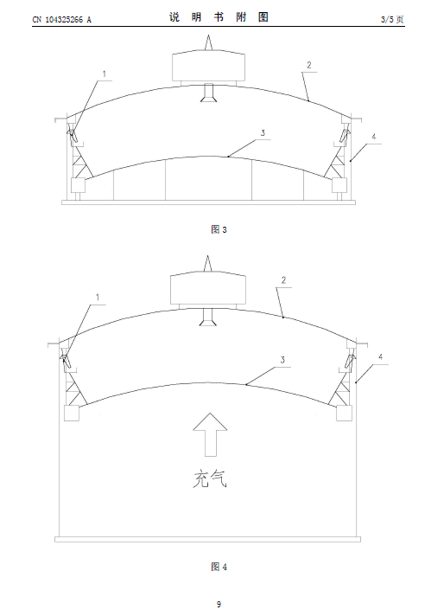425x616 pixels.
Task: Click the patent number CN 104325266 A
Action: (61, 19)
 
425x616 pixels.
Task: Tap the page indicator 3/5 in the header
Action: (387, 19)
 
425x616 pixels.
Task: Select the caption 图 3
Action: (219, 229)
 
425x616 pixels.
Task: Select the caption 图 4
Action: (219, 567)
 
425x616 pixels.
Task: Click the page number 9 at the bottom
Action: (219, 604)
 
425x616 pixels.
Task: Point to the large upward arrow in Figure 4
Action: (210, 434)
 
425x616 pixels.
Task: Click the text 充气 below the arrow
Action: (210, 478)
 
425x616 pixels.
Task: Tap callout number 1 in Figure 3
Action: (105, 74)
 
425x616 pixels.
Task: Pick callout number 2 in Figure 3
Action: (309, 65)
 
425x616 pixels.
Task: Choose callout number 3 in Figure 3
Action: (263, 132)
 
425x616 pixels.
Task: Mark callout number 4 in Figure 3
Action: (374, 137)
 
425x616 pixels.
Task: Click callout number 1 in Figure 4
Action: (98, 297)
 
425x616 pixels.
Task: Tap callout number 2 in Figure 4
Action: (283, 280)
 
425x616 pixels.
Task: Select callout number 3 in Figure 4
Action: (282, 360)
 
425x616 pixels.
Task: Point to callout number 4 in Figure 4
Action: (380, 356)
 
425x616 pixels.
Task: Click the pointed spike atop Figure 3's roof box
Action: (208, 42)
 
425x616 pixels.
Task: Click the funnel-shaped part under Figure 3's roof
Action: (208, 93)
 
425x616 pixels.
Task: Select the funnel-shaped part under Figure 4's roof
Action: (208, 317)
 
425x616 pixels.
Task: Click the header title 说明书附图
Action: (219, 17)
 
